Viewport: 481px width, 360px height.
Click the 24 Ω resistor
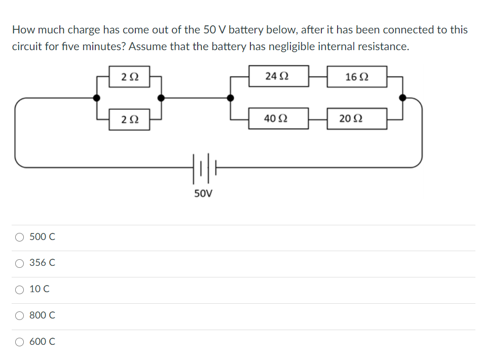point(278,76)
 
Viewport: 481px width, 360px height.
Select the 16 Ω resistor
point(357,77)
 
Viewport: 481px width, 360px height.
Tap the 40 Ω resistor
point(278,118)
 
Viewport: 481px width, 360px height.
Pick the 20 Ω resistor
point(357,119)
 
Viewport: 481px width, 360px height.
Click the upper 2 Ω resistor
point(130,77)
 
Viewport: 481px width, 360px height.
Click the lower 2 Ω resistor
point(130,120)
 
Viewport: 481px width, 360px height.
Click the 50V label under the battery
point(204,193)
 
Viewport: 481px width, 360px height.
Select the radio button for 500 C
point(19,237)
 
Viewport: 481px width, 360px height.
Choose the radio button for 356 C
point(19,263)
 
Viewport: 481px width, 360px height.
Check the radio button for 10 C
point(19,290)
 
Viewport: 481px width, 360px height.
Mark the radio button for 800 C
point(19,315)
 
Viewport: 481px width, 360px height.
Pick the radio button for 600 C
point(19,342)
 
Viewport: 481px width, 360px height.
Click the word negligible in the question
point(303,47)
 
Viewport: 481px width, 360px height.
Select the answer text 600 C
point(43,342)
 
